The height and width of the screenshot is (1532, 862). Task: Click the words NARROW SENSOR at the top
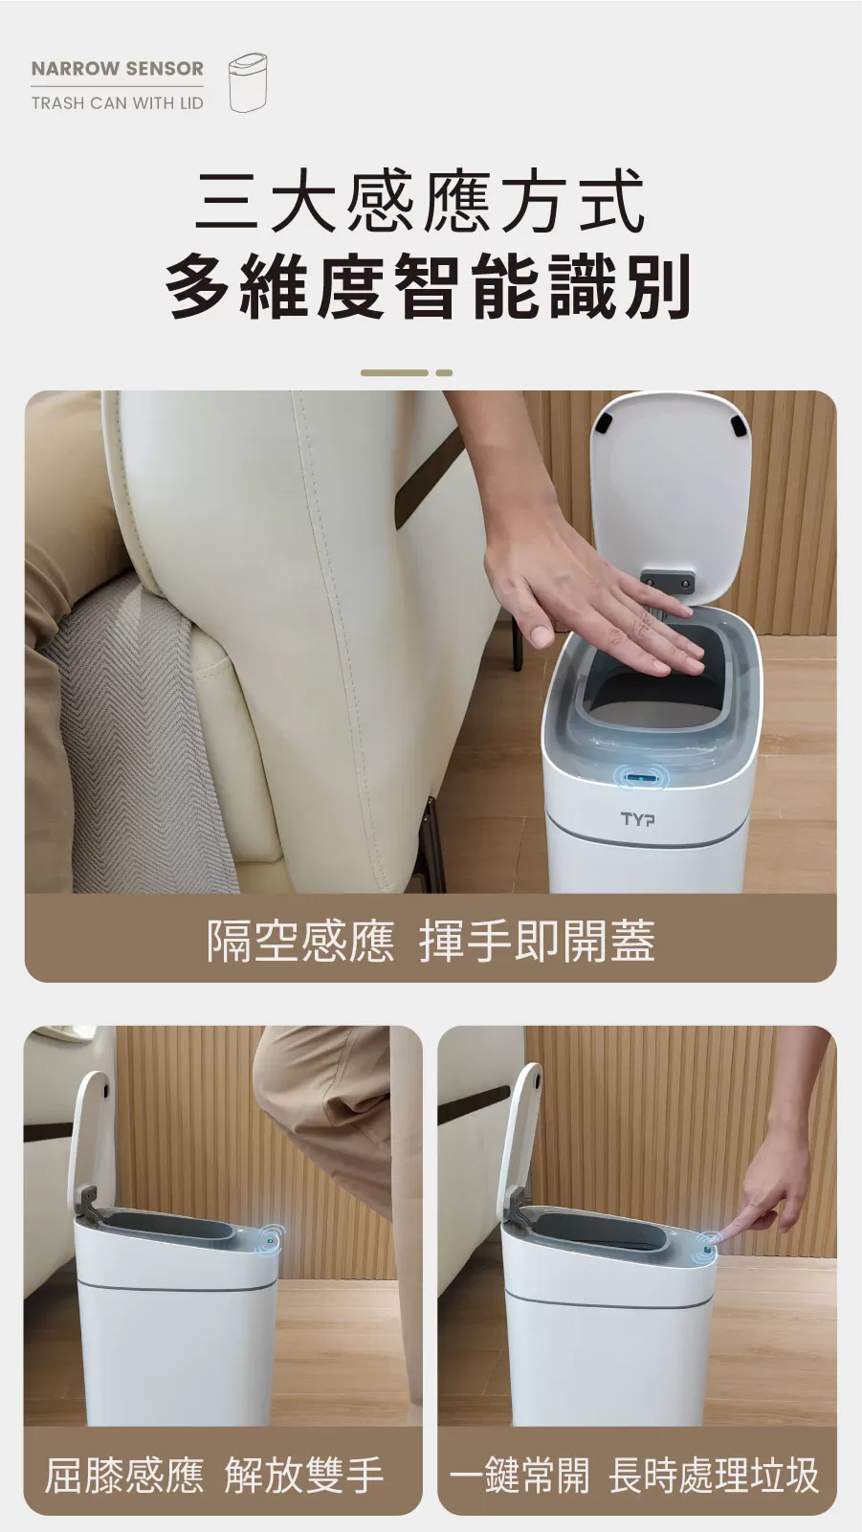(x=117, y=69)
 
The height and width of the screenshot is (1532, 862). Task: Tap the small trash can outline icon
(x=247, y=83)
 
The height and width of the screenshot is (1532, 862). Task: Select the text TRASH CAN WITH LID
(x=117, y=102)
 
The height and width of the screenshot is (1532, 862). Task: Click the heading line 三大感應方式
(x=420, y=201)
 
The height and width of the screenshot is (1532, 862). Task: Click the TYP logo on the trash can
(x=638, y=819)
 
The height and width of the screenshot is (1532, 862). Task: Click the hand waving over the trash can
(x=593, y=603)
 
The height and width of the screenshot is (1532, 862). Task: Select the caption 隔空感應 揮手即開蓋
(x=431, y=940)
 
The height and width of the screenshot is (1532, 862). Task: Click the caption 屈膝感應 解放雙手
(x=214, y=1474)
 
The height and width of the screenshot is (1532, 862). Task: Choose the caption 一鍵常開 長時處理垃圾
(x=635, y=1474)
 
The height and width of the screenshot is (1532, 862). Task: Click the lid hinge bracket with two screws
(x=667, y=583)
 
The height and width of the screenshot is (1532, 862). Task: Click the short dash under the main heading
(x=444, y=372)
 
